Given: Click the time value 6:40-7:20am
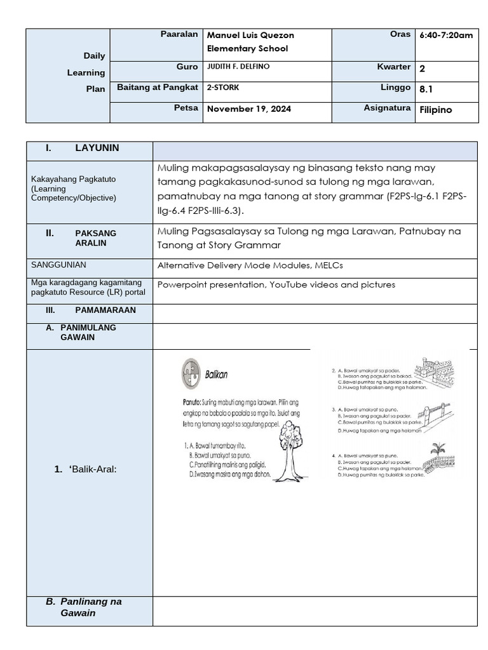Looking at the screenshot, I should pyautogui.click(x=446, y=35).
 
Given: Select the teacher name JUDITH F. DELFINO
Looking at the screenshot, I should pyautogui.click(x=243, y=67).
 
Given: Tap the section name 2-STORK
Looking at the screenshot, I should pyautogui.click(x=223, y=88).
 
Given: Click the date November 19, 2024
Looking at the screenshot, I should pyautogui.click(x=249, y=109).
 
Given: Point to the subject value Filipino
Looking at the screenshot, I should pyautogui.click(x=436, y=109).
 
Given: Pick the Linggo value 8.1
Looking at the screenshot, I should pyautogui.click(x=426, y=90).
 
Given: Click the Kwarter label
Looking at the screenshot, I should pyautogui.click(x=394, y=67).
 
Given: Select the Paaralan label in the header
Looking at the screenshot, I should pyautogui.click(x=179, y=34).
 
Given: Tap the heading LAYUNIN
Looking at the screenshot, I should pyautogui.click(x=97, y=148).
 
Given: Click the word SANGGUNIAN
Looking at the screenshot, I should pyautogui.click(x=58, y=265).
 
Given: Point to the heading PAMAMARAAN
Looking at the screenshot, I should pyautogui.click(x=105, y=310).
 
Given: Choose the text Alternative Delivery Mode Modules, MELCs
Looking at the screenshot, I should pyautogui.click(x=250, y=265).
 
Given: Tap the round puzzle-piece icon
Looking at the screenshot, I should pyautogui.click(x=189, y=371).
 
